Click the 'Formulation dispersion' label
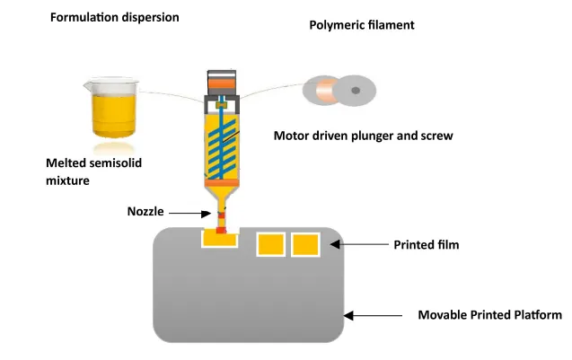point(115,18)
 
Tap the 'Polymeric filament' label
point(362,25)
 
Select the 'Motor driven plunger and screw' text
point(364,136)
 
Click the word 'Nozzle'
point(145,212)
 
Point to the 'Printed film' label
point(426,245)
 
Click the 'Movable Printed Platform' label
point(490,315)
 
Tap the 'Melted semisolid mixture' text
point(93,171)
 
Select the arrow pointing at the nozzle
point(189,214)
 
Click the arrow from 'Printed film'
point(360,244)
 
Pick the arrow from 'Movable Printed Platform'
point(373,315)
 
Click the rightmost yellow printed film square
point(305,244)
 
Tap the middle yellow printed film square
point(270,244)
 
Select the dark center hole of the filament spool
point(356,91)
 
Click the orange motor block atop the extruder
point(222,84)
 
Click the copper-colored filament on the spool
point(327,90)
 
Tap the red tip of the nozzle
point(221,230)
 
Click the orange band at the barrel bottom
point(222,183)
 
